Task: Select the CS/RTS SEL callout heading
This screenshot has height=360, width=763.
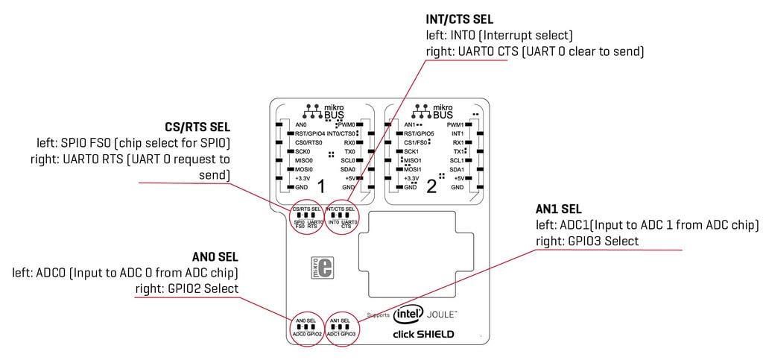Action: click(x=197, y=127)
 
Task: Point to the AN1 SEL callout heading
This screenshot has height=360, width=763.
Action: click(x=559, y=209)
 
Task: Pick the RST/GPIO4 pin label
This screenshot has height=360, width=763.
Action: click(x=310, y=133)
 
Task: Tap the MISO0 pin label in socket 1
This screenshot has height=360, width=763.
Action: click(x=304, y=160)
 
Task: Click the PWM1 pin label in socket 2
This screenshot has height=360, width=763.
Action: click(x=455, y=124)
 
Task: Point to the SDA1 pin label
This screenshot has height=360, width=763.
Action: click(x=457, y=169)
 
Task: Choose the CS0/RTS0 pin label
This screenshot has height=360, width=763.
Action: click(x=308, y=142)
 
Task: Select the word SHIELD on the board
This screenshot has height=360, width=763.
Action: click(x=435, y=334)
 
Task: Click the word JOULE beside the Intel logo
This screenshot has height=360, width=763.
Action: click(x=443, y=315)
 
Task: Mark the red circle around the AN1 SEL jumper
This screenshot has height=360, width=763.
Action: click(x=341, y=326)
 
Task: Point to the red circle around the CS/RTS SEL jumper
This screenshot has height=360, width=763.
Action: click(x=306, y=217)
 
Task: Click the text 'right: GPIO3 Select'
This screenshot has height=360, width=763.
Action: click(x=586, y=241)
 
